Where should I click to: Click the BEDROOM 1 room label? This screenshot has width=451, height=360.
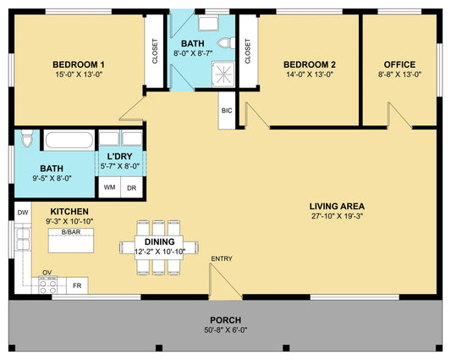79,64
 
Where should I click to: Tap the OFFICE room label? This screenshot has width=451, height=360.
399,64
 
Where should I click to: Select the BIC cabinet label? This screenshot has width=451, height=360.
227,111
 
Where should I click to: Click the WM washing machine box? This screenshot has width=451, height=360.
110,187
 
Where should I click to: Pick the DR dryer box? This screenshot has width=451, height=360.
131,187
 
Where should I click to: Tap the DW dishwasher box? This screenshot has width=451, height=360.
23,213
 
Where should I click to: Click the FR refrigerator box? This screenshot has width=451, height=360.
77,285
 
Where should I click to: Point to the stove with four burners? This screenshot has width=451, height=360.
48,285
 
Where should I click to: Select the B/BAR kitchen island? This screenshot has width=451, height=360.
71,241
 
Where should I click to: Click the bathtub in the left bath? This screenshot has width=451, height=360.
69,140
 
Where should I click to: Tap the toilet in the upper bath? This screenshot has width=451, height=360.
227,43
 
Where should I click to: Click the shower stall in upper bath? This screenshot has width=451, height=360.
223,74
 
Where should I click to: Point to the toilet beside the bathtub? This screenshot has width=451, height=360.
27,138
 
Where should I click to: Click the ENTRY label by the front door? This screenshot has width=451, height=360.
222,258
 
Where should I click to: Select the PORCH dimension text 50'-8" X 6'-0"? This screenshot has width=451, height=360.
226,330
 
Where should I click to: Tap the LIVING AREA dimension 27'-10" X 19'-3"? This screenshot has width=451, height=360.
337,216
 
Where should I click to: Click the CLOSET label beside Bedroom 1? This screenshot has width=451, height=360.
155,51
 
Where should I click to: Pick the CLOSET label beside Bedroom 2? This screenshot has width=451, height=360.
248,51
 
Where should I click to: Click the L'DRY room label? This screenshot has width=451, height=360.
119,157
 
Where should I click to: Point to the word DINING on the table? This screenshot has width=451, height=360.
159,241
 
